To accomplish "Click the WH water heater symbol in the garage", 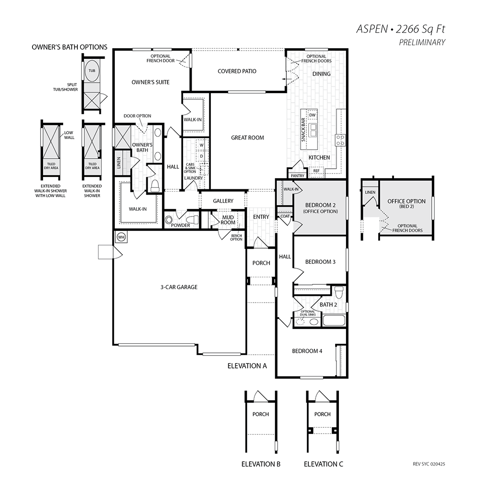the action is click(x=121, y=237).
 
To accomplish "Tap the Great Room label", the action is click(x=248, y=138).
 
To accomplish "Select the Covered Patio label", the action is click(x=237, y=71).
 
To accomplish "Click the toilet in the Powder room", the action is click(x=193, y=220).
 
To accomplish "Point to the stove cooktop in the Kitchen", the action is click(x=340, y=141).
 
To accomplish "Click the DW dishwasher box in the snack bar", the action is click(x=313, y=115).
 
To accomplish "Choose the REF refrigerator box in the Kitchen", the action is click(x=316, y=171).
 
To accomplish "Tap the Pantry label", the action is click(x=297, y=176).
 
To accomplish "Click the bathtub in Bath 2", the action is click(x=334, y=321).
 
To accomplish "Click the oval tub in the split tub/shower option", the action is click(x=92, y=71).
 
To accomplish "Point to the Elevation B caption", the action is click(x=261, y=464).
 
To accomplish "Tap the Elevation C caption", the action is click(x=324, y=464).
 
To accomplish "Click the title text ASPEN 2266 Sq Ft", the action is click(x=401, y=29).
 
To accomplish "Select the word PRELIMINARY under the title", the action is click(x=422, y=43).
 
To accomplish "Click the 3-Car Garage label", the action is click(x=179, y=287).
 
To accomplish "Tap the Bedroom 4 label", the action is click(x=307, y=351).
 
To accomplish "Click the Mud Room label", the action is click(x=228, y=220).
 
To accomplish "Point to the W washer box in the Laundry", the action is click(x=202, y=145).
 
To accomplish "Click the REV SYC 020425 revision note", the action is click(x=429, y=464).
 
